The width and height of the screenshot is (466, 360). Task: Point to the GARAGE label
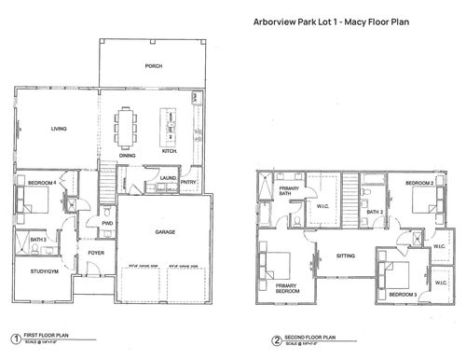pos(166,231)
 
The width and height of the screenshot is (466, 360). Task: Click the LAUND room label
pos(168,177)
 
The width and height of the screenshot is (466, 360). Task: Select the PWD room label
pos(107,223)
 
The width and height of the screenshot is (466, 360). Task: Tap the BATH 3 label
pos(38,240)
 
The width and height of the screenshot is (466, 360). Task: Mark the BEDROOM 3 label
pos(403,295)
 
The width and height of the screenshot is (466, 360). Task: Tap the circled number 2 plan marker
pos(264,339)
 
